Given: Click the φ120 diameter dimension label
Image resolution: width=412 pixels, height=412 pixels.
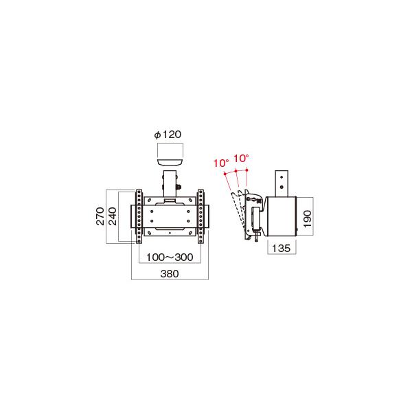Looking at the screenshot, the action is click(168, 135).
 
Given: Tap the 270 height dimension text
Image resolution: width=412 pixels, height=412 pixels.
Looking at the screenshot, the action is click(100, 216).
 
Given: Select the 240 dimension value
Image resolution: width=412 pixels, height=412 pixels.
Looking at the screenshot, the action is click(112, 216).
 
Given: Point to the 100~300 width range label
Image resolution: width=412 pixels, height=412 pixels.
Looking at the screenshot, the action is click(170, 257).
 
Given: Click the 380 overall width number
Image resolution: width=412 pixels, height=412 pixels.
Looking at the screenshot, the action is click(170, 273).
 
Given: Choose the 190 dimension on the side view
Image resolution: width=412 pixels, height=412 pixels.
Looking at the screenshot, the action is click(307, 219).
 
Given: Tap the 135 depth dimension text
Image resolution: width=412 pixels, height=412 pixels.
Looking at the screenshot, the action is click(281, 248).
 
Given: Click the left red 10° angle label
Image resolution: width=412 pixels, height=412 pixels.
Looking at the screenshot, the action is click(221, 163).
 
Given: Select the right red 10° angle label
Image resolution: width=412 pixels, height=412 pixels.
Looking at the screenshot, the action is click(241, 159).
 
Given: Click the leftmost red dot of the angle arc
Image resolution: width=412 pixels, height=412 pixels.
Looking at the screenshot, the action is click(225, 174).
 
